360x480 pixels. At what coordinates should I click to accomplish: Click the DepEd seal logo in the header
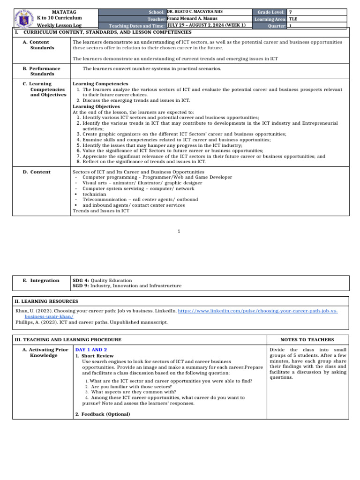[x=22, y=18]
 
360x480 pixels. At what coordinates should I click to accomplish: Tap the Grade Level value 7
[x=291, y=12]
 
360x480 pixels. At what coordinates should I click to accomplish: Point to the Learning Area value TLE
[x=293, y=19]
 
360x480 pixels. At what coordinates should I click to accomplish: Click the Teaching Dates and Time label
[x=137, y=26]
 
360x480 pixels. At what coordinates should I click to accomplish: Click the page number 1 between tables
[x=180, y=231]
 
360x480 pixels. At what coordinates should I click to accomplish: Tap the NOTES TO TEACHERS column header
[x=307, y=339]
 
